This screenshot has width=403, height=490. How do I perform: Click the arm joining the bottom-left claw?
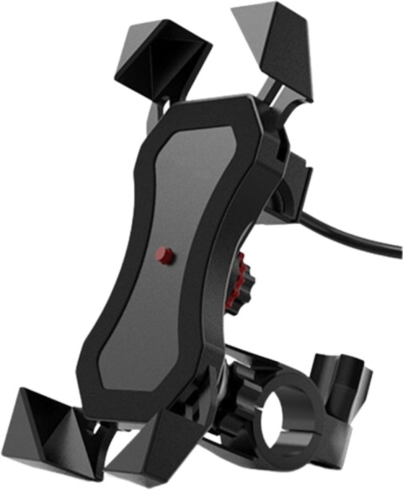[x=101, y=432]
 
